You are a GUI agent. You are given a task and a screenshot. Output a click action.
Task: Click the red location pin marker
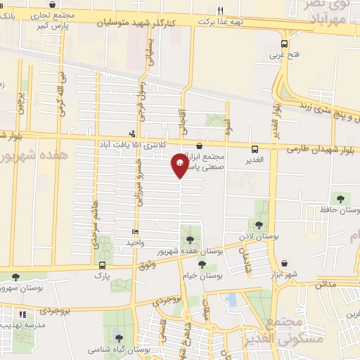pyautogui.click(x=179, y=165)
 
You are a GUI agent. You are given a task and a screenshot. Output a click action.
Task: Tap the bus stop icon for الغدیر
pyautogui.click(x=255, y=148)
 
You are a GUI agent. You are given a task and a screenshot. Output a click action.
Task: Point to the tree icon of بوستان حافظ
pyautogui.click(x=342, y=198)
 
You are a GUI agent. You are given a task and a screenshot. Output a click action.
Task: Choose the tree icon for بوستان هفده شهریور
pyautogui.click(x=191, y=240)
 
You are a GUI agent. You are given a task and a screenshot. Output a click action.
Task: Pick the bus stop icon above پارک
pyautogui.click(x=103, y=266)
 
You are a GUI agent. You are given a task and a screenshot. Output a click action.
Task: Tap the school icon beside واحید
pyautogui.click(x=135, y=232)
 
